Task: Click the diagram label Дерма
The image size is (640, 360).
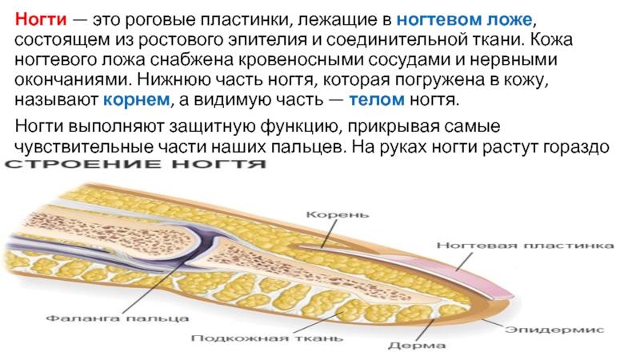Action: pos(411,346)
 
